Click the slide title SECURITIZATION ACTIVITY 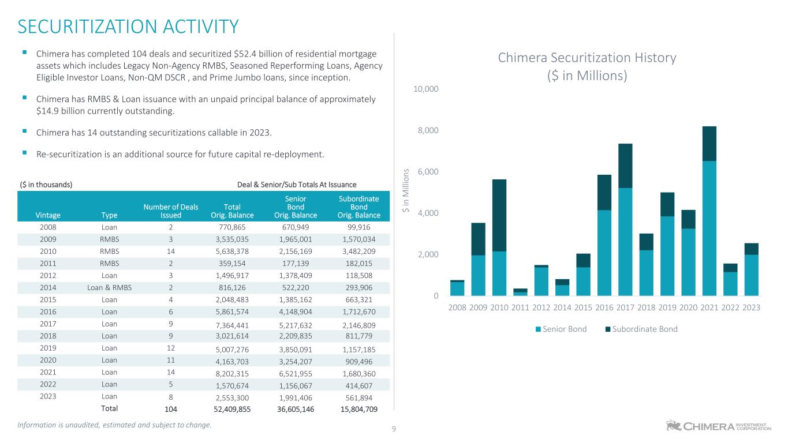point(128,27)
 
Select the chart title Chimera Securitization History point(587,58)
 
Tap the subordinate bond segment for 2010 point(499,215)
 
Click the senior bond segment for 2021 point(709,228)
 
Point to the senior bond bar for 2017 point(626,241)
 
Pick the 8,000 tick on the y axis point(427,130)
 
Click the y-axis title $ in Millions point(406,191)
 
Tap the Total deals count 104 point(170,409)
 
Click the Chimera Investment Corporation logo point(718,426)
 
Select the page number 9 point(394,429)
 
